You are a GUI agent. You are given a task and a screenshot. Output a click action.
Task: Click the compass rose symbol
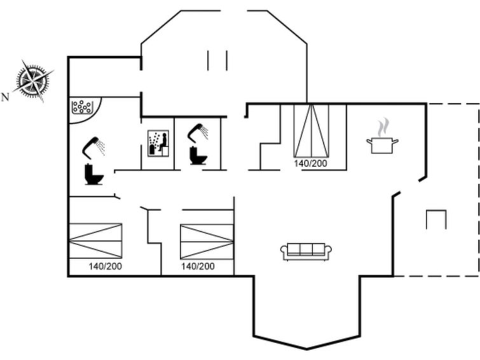tap(33, 81)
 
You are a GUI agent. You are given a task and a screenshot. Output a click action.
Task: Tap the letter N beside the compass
tap(5, 97)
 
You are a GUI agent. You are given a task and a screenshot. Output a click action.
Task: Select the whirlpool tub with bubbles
tap(81, 107)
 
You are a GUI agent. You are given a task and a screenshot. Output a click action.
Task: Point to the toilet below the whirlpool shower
tap(94, 175)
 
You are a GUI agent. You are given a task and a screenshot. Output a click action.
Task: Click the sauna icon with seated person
tap(158, 143)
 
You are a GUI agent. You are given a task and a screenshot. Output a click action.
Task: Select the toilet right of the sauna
tap(198, 155)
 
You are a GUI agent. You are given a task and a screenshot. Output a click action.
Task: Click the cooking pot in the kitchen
tap(382, 145)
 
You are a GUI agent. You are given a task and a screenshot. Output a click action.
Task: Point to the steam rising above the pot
tap(383, 128)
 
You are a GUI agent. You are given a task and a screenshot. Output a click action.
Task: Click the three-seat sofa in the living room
tap(306, 252)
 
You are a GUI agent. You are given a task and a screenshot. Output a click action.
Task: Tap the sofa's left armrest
tap(284, 252)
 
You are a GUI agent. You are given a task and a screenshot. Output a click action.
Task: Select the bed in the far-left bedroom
tap(96, 241)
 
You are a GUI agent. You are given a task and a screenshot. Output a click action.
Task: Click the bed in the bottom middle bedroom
tap(207, 242)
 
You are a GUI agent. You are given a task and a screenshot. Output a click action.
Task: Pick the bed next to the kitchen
tap(312, 130)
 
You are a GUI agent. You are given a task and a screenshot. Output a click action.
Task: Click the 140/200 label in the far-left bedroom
tap(106, 267)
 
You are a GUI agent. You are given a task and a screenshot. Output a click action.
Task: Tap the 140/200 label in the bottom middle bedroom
tap(198, 267)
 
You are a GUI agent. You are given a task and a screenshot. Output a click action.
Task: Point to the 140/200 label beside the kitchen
tap(311, 163)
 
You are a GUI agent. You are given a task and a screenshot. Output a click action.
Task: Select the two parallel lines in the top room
tap(217, 60)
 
